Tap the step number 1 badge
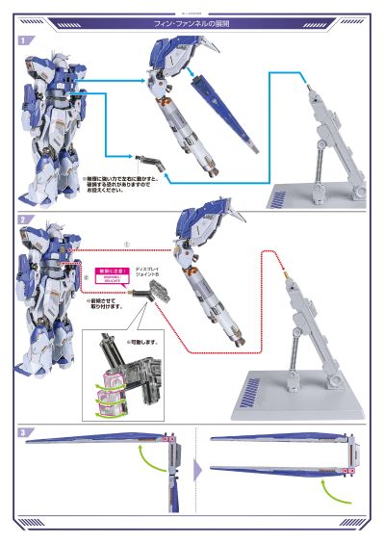pyautogui.click(x=23, y=39)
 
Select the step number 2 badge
pyautogui.click(x=23, y=220)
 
